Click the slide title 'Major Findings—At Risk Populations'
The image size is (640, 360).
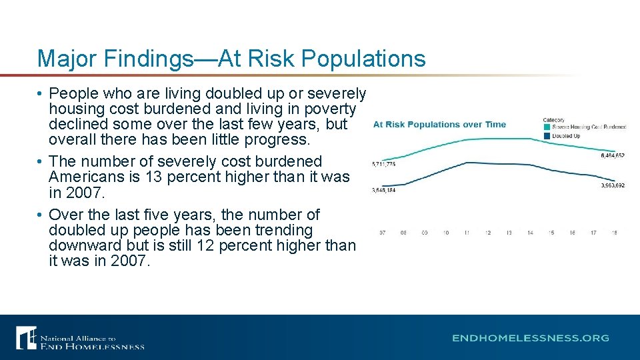tap(231, 59)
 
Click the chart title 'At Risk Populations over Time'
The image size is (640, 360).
tap(439, 125)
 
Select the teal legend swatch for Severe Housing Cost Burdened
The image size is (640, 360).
tap(547, 127)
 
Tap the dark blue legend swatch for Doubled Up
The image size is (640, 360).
tap(547, 136)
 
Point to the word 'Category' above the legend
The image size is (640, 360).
tap(553, 120)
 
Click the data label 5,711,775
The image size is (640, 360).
tap(383, 164)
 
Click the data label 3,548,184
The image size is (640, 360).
tap(383, 191)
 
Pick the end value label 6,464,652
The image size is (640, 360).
tap(612, 155)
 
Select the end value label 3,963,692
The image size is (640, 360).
tap(612, 185)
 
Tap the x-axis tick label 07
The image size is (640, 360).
tap(383, 233)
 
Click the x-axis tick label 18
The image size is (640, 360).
tap(614, 233)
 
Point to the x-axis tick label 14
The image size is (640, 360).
tap(530, 233)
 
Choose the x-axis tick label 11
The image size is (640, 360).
tap(467, 233)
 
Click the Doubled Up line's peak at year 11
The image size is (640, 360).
tap(467, 163)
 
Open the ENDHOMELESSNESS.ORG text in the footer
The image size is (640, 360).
tap(530, 338)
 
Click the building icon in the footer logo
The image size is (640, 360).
tap(26, 337)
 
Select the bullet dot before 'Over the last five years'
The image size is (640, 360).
tap(41, 215)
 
